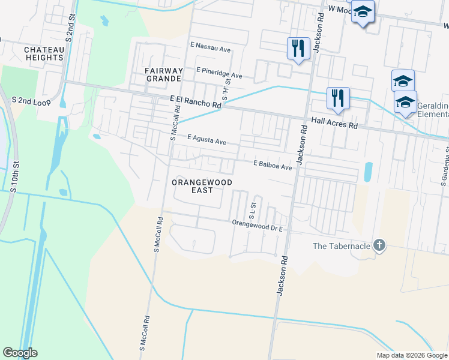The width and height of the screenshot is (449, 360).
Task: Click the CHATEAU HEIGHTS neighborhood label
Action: pyautogui.click(x=44, y=53)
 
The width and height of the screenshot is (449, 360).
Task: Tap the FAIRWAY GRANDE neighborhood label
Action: pyautogui.click(x=163, y=74)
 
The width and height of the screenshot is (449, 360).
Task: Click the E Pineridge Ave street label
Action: pyautogui.click(x=219, y=73)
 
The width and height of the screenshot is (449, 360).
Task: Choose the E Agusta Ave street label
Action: pyautogui.click(x=206, y=140)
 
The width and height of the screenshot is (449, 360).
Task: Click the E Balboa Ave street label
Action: pyautogui.click(x=272, y=164)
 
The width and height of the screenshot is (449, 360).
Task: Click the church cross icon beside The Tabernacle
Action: pyautogui.click(x=378, y=245)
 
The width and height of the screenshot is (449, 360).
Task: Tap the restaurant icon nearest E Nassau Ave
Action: pyautogui.click(x=298, y=47)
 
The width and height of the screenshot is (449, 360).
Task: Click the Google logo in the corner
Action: pyautogui.click(x=20, y=353)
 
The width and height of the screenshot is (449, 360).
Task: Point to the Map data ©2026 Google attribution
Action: pyautogui.click(x=412, y=355)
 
